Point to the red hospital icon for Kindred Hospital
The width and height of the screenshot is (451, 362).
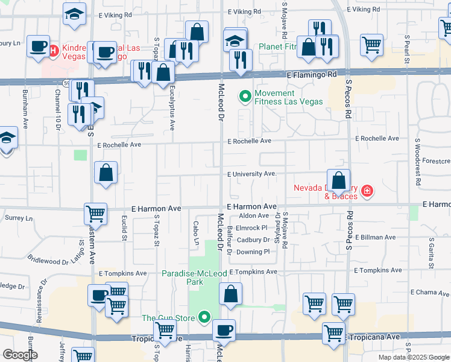click(53, 49)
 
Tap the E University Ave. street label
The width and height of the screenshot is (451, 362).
click(251, 174)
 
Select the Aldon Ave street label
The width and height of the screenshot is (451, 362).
click(254, 215)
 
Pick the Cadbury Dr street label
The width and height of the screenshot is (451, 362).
click(252, 240)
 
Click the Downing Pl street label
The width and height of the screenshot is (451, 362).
click(253, 252)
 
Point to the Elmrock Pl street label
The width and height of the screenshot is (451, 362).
click(251, 227)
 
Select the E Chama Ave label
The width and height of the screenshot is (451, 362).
click(429, 292)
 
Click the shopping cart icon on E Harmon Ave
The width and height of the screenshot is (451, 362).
click(95, 213)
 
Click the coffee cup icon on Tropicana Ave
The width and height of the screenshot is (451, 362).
click(224, 330)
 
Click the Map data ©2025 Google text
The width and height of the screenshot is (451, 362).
click(414, 357)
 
